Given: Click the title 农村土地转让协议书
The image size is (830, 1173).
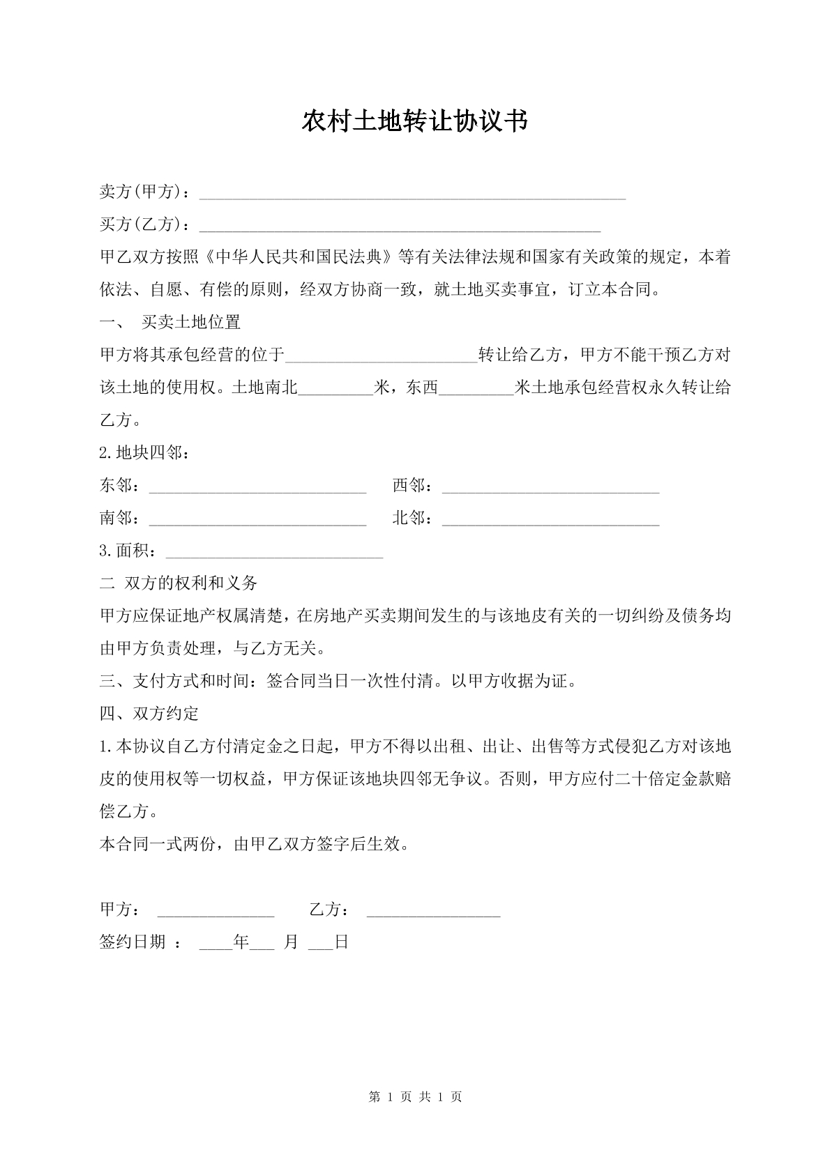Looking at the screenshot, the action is point(414,121).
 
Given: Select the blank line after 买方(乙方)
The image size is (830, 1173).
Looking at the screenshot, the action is point(400,225).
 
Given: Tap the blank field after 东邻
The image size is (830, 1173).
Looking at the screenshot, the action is point(257,486).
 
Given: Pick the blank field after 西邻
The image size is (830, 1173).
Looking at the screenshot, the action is point(550,486).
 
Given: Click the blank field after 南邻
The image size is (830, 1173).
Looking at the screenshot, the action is point(257,519).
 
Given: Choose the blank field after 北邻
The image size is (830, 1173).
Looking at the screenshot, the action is point(550,519).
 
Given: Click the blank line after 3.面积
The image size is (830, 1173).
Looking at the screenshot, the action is point(274,552).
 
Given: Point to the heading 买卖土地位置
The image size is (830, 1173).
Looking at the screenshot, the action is point(190,322).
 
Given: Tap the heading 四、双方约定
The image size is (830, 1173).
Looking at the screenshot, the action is point(149,714).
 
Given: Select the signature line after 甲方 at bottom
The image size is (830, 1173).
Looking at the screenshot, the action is point(216,911).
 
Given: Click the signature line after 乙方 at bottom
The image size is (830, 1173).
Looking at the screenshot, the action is point(433,911).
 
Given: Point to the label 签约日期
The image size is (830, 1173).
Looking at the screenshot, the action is point(133,942).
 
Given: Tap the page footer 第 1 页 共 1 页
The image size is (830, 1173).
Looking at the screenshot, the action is point(414,1096).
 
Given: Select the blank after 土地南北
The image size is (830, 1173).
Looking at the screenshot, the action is point(336,388).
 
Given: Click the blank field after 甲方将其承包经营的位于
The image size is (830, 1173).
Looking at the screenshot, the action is point(382,356).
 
